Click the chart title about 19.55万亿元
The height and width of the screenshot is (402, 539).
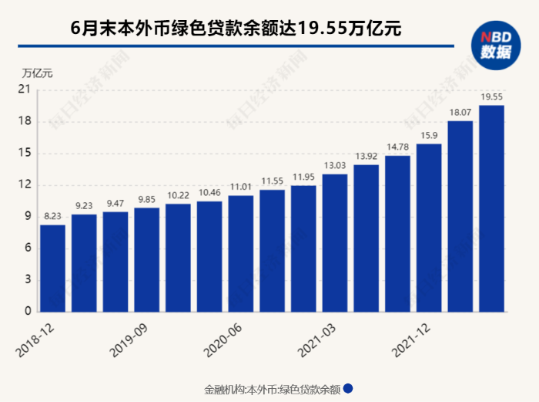[236, 29]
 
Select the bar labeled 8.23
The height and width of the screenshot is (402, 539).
[52, 268]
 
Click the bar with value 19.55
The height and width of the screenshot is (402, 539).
[491, 208]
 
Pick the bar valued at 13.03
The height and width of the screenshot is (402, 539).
[335, 243]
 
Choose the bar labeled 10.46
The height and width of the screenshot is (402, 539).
[209, 256]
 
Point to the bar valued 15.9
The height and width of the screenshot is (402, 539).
[429, 228]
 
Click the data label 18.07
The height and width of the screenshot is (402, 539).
[460, 113]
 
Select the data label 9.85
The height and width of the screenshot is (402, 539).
[146, 199]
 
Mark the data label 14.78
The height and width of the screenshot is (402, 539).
[397, 147]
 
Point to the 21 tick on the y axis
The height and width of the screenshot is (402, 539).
[24, 90]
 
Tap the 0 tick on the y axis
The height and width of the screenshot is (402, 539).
[27, 312]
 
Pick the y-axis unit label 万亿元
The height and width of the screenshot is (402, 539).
[38, 74]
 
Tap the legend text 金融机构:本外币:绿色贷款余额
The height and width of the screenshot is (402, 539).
[270, 390]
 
